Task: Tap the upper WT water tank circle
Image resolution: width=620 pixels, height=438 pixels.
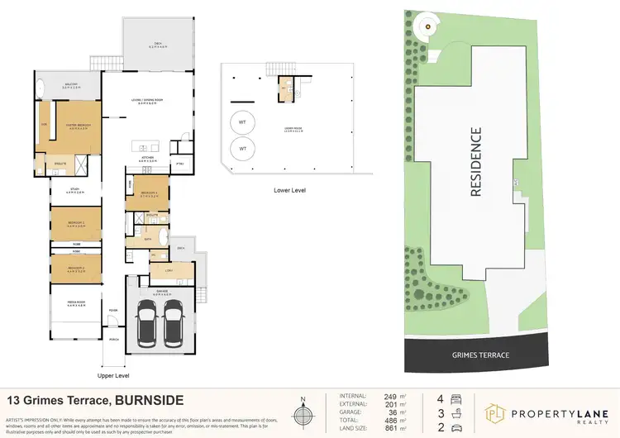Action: (242, 121)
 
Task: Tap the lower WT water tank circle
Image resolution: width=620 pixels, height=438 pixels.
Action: (242, 149)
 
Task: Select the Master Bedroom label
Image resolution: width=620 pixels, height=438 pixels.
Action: (77, 126)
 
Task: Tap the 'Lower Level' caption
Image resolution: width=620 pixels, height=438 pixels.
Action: (289, 190)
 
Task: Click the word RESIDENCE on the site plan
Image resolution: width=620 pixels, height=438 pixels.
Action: (475, 161)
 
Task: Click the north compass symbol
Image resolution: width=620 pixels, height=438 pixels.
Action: (303, 412)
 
